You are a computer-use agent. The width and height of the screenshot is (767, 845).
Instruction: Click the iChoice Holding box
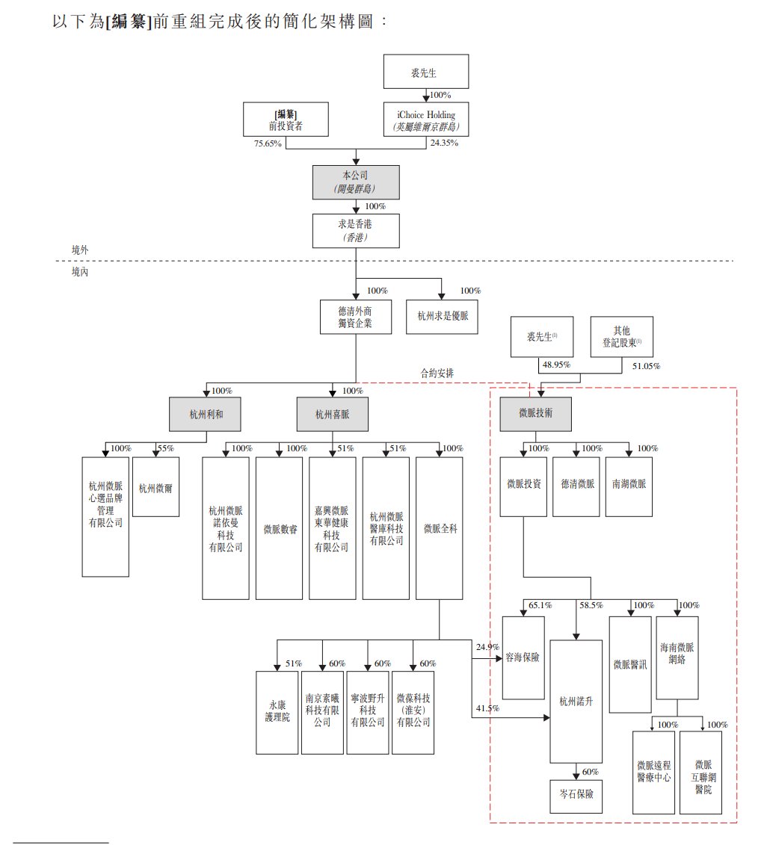(x=426, y=120)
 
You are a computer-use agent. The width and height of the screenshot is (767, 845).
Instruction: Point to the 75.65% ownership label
(x=268, y=143)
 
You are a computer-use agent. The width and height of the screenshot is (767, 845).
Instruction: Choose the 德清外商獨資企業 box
(x=355, y=318)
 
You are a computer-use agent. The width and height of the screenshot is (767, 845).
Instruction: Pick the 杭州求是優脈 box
(x=442, y=318)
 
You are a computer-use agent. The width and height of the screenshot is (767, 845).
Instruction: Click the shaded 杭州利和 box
(x=206, y=413)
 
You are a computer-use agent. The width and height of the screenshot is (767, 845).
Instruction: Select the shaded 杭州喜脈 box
(x=333, y=413)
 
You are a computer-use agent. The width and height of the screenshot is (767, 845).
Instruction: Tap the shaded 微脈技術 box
(x=535, y=413)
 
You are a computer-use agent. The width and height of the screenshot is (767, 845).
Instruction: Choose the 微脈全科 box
(x=439, y=528)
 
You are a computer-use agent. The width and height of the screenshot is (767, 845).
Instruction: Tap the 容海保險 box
(x=523, y=657)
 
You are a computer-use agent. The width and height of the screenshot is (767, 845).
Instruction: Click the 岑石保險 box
(x=576, y=793)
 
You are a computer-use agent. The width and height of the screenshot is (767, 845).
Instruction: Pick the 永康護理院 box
(x=277, y=712)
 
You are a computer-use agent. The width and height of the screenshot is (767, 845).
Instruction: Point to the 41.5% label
(x=486, y=708)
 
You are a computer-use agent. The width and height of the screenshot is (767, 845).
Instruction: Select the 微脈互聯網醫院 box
(x=701, y=772)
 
